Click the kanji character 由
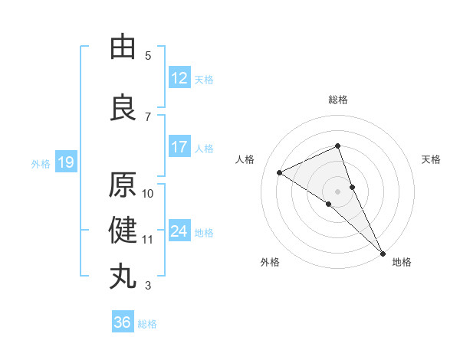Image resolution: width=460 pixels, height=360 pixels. [x=123, y=47]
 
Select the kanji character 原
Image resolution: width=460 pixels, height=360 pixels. [x=123, y=185]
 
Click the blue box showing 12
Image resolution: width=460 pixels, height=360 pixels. [x=179, y=78]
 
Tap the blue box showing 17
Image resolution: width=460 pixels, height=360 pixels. [x=179, y=147]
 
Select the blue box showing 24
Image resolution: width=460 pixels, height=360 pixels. [x=179, y=231]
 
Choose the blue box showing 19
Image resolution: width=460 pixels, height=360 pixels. [x=65, y=162]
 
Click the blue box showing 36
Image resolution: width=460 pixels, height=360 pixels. [x=122, y=322]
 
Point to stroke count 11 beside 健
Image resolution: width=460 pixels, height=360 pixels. [x=148, y=240]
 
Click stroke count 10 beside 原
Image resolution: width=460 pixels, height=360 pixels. [x=148, y=193]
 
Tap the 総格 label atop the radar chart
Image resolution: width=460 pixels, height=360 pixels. [x=337, y=100]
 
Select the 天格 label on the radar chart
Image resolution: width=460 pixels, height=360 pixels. [x=432, y=159]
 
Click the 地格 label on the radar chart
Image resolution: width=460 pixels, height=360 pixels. [x=402, y=262]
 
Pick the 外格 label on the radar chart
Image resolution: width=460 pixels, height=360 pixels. [x=270, y=262]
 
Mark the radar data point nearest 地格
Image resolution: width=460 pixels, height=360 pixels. [x=382, y=252]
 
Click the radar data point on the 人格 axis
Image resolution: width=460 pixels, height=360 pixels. [x=280, y=172]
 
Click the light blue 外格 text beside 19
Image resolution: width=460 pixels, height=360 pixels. [x=41, y=163]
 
